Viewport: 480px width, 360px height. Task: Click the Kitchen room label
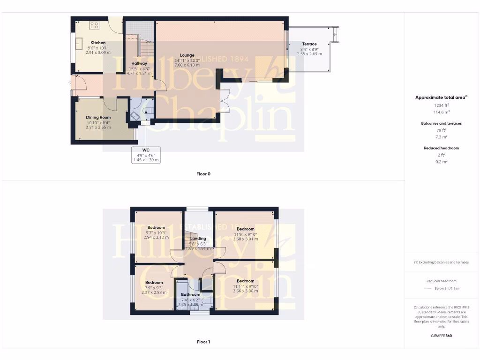98,43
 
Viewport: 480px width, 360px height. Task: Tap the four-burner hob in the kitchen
94,25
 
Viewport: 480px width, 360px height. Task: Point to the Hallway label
139,63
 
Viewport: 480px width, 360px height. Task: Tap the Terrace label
309,44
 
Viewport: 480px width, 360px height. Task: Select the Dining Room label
98,117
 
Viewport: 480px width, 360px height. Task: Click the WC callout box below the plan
146,155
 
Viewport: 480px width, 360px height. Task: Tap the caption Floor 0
203,174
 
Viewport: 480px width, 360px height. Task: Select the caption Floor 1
203,342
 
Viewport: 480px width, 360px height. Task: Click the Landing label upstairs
198,239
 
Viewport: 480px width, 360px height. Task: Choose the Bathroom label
190,295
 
